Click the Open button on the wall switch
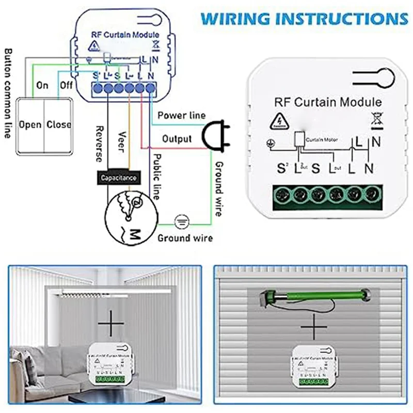click(x=30, y=124)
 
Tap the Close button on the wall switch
click(x=59, y=124)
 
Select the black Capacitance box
click(x=119, y=178)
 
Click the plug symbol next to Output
click(x=212, y=135)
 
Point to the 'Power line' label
click(x=181, y=115)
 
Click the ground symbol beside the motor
click(x=181, y=221)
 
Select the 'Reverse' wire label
click(x=99, y=143)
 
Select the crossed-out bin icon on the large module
click(x=375, y=120)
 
